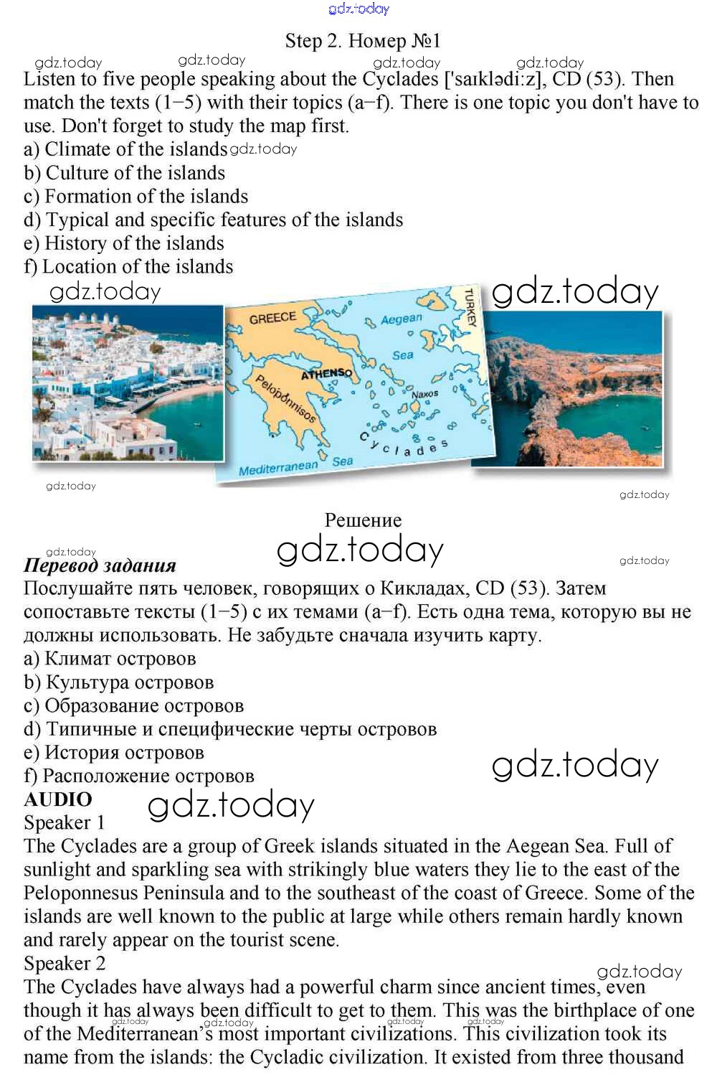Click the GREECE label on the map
272,318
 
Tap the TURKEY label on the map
470,307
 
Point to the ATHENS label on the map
326,374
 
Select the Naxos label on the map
424,394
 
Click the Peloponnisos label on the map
286,399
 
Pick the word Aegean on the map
401,319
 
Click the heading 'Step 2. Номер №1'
363,41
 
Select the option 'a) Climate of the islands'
125,149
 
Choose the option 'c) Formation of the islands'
136,197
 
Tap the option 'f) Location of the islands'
128,267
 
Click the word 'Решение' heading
363,520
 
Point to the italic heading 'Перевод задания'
100,565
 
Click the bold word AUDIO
58,799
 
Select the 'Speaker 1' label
65,822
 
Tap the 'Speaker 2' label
65,963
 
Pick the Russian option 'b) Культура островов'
119,682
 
